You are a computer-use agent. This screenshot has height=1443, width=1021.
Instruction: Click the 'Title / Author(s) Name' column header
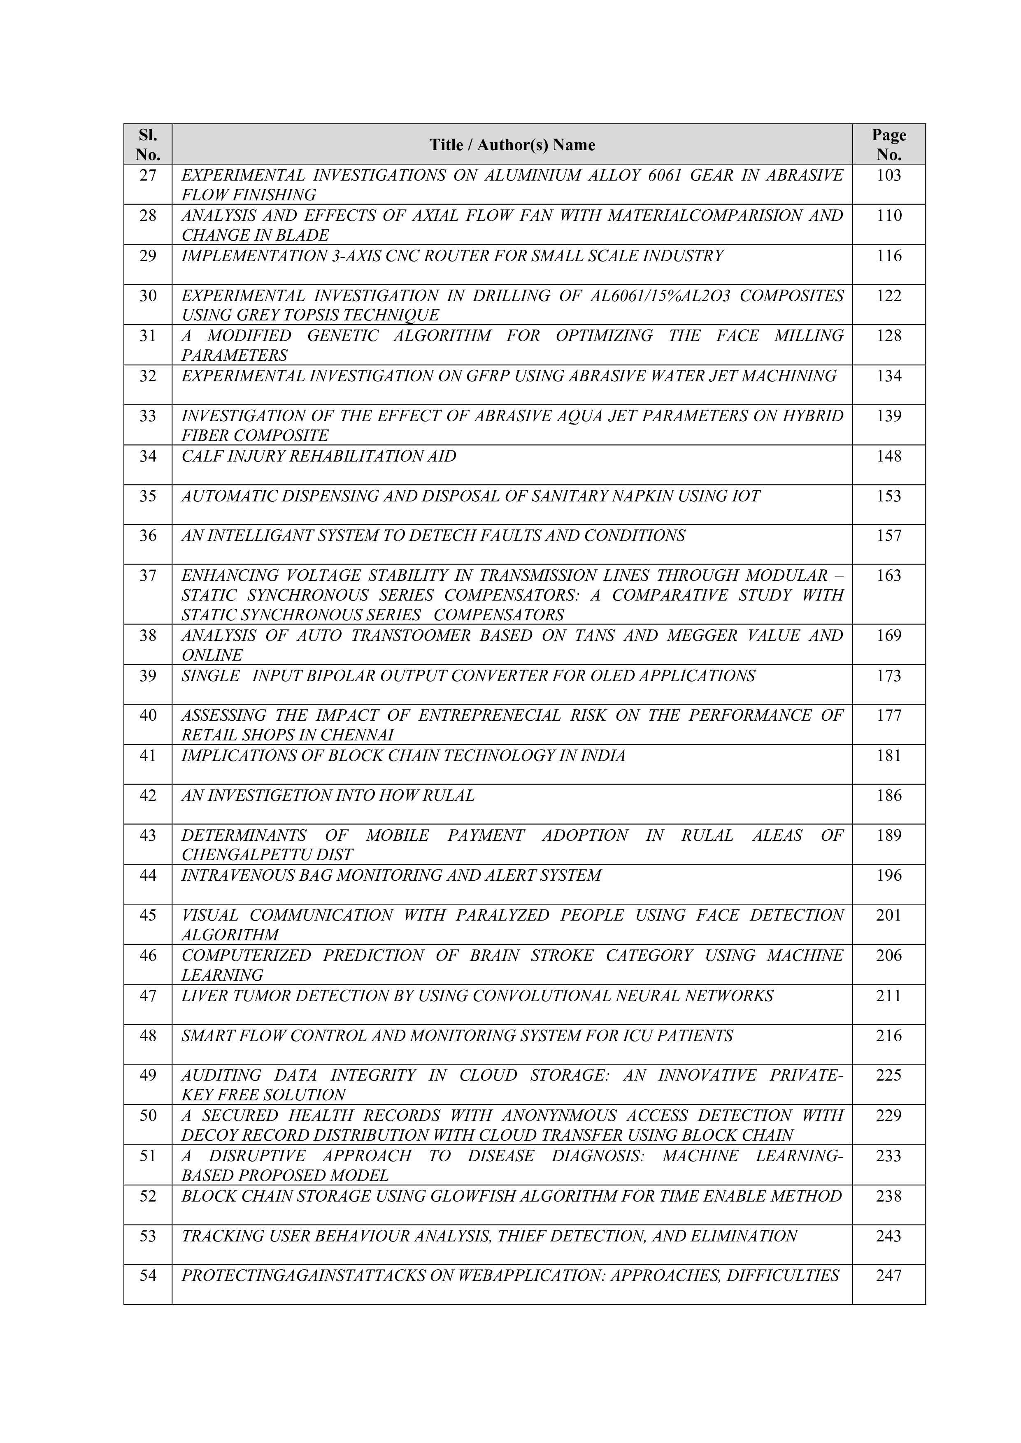coord(512,144)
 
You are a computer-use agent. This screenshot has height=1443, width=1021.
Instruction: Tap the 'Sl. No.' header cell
coord(148,144)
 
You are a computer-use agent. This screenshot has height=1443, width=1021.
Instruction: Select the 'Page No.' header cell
coord(888,144)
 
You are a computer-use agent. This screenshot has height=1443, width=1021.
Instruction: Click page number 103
coord(888,175)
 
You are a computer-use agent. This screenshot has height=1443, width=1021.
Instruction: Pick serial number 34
coord(148,456)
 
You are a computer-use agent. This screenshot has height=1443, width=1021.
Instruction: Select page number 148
coord(888,456)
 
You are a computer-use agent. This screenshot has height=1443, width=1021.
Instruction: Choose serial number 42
coord(148,796)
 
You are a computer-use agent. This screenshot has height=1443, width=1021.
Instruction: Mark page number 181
coord(888,756)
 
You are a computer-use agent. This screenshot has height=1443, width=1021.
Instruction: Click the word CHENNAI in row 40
coord(357,735)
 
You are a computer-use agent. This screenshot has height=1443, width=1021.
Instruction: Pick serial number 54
coord(148,1276)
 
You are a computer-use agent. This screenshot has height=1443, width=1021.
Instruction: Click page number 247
coord(888,1276)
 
